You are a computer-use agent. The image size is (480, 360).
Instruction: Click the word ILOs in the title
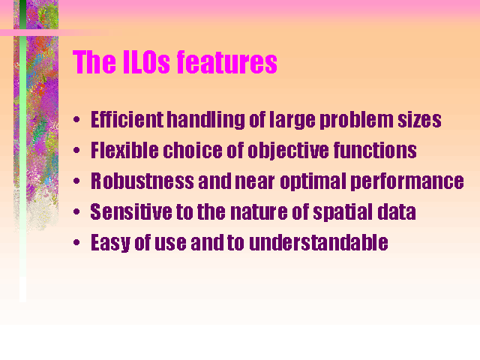pos(146,62)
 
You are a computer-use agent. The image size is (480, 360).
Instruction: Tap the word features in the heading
pos(227,62)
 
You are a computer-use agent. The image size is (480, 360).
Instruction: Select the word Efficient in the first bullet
pos(127,119)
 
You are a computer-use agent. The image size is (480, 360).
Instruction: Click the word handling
pos(206,120)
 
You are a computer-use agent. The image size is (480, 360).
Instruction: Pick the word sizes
pos(419,120)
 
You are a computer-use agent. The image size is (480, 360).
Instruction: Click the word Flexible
pos(124,150)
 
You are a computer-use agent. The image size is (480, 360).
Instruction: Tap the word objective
pos(288,151)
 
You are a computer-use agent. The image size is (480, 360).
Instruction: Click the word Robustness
pos(142,181)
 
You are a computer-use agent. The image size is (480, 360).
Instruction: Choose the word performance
pos(407,181)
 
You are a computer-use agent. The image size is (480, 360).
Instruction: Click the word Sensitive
pos(131,211)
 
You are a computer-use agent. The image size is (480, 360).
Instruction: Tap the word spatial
pos(343,212)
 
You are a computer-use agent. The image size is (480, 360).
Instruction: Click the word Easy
pos(110,243)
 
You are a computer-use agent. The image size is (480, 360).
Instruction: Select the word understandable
pos(319,242)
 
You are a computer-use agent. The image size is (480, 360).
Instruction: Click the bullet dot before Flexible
pos(76,150)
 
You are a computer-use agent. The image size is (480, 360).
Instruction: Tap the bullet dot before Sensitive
pos(76,211)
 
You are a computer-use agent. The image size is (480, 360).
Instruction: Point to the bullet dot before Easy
pos(76,243)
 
